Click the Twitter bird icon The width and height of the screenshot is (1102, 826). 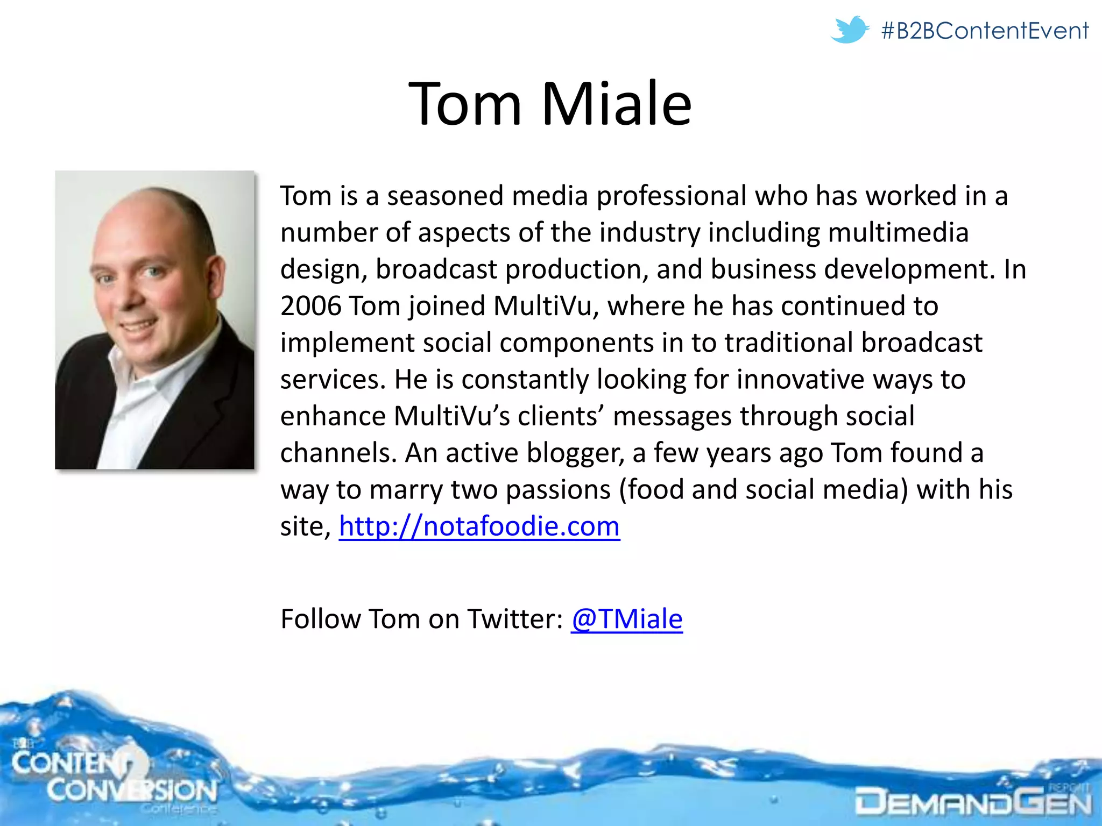pos(849,30)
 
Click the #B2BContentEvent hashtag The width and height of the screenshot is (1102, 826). pos(985,31)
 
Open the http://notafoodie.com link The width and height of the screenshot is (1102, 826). pos(479,526)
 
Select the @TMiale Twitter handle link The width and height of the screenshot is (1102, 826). pos(626,619)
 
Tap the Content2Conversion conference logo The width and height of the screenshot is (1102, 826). pos(113,777)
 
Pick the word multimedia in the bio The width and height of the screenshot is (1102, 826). pos(898,232)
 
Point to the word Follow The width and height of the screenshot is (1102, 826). pos(320,619)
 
